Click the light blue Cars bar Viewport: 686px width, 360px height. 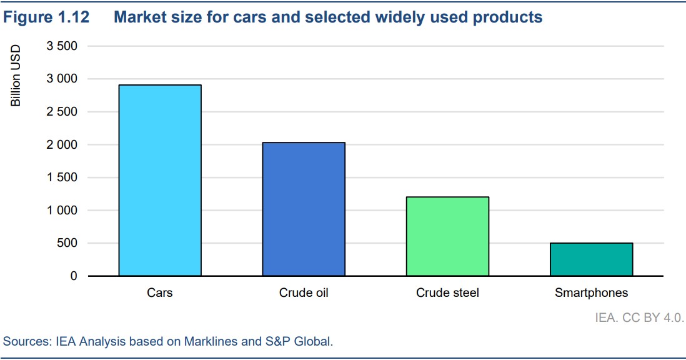(x=160, y=180)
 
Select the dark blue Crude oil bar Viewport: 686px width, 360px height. (x=304, y=209)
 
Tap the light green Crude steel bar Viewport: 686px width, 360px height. (x=447, y=236)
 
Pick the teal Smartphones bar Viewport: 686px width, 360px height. (x=591, y=259)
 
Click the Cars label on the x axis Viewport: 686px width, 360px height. (x=160, y=292)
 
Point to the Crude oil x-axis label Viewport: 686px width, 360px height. (x=304, y=292)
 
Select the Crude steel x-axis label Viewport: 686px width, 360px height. (x=447, y=292)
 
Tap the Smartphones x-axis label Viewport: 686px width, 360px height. (x=591, y=292)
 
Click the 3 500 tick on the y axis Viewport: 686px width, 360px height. (x=62, y=46)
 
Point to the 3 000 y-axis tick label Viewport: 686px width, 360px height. (x=62, y=79)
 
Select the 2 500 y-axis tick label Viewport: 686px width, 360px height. (x=62, y=112)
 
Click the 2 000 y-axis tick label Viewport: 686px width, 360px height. (x=62, y=144)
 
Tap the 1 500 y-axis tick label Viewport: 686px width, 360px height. (x=62, y=177)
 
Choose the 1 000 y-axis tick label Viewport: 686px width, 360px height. (x=62, y=211)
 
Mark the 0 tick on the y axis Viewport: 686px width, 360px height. (x=74, y=276)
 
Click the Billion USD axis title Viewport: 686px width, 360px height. (x=16, y=76)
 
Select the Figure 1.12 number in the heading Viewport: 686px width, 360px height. (x=46, y=17)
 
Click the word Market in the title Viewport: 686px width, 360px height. (x=138, y=17)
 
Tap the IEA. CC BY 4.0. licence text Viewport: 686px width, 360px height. (x=639, y=317)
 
